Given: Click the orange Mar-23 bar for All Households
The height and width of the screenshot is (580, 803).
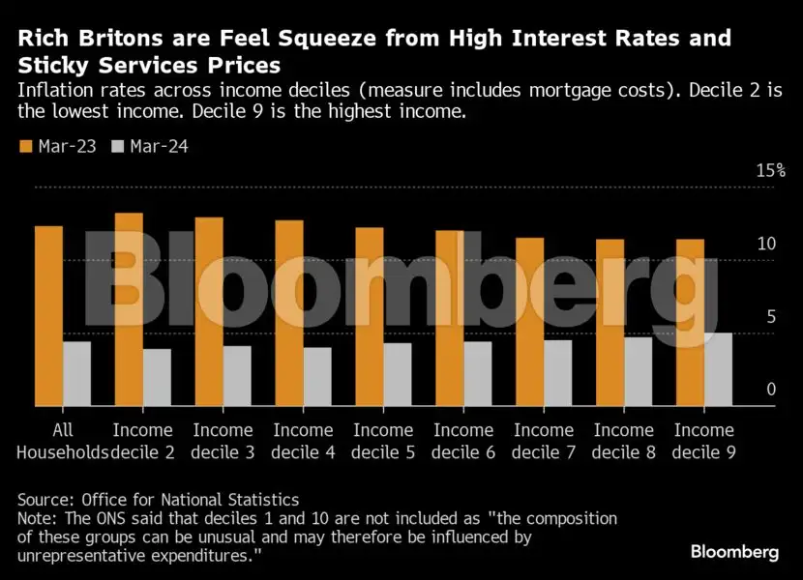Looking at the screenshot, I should coord(49,316).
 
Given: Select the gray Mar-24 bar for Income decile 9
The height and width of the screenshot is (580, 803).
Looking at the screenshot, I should coord(718,369).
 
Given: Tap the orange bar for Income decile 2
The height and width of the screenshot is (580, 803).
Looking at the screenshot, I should coord(129,309).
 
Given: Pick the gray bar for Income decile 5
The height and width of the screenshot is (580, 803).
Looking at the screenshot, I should coord(397,374).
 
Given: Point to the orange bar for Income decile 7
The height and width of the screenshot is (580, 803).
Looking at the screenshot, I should coord(529,322).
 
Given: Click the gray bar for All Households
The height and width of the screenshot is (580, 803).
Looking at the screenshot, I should coord(77,373).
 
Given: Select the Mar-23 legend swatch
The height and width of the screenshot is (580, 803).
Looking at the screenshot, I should coord(24,146).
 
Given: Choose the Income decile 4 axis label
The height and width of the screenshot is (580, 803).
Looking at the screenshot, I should coord(303,441).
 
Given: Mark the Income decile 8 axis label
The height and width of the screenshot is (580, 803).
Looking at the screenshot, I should coord(623,441).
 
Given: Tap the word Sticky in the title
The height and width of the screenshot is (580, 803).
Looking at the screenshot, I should coord(50,66).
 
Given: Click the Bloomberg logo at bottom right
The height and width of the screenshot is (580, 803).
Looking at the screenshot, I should coord(734,552).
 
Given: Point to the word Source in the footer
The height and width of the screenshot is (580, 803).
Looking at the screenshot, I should coord(44,500).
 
